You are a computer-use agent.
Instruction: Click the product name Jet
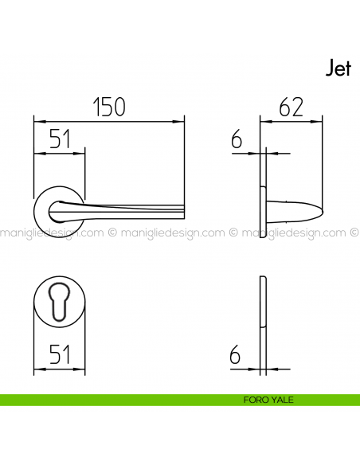point(338,68)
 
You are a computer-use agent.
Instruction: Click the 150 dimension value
point(109,107)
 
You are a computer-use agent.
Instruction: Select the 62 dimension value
point(291,107)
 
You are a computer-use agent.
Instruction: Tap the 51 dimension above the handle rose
point(58,139)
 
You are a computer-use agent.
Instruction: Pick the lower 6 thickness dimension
point(236,355)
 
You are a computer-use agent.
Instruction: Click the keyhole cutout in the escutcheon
point(59,302)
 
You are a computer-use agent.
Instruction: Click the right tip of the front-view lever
point(182,209)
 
